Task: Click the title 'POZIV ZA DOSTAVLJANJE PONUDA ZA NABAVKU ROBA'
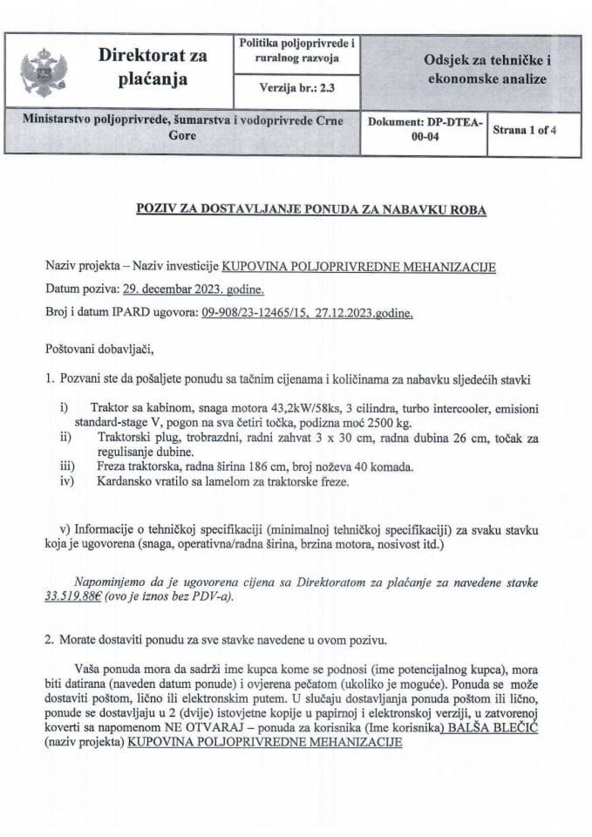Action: click(296, 211)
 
